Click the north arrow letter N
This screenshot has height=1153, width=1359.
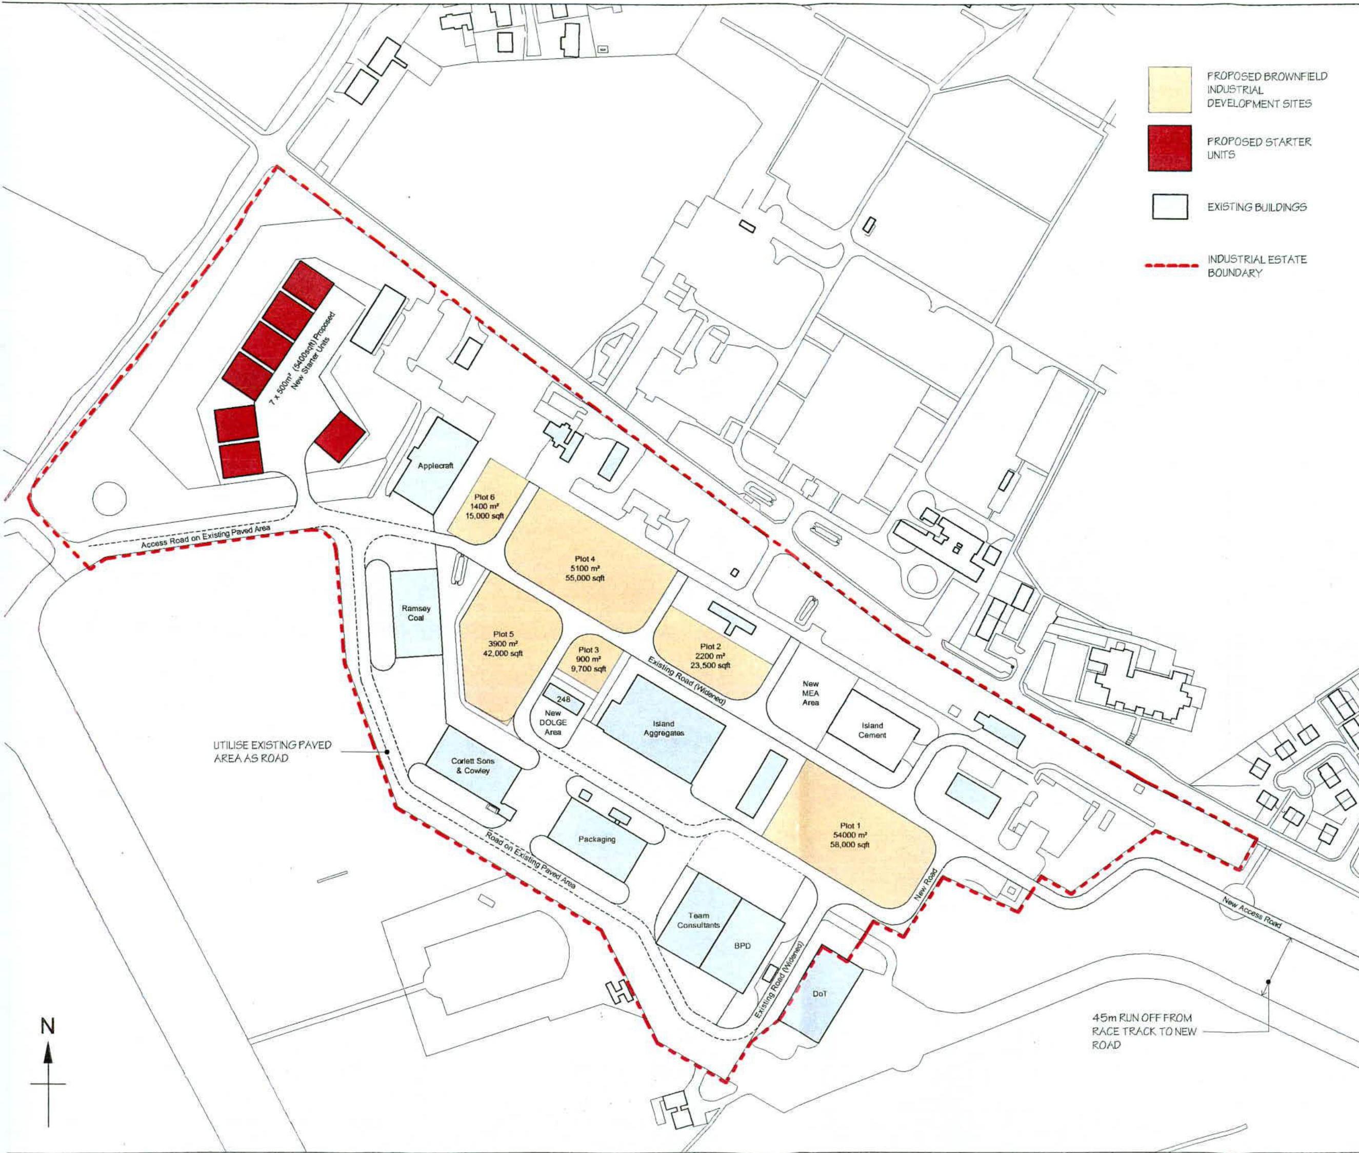(48, 1026)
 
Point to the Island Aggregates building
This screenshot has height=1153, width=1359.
(663, 728)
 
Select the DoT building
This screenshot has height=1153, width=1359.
(821, 993)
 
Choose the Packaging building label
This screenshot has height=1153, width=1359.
(596, 839)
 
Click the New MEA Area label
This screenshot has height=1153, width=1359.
(810, 693)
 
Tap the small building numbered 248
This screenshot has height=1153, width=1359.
(563, 699)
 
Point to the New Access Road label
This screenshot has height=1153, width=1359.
(1251, 913)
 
